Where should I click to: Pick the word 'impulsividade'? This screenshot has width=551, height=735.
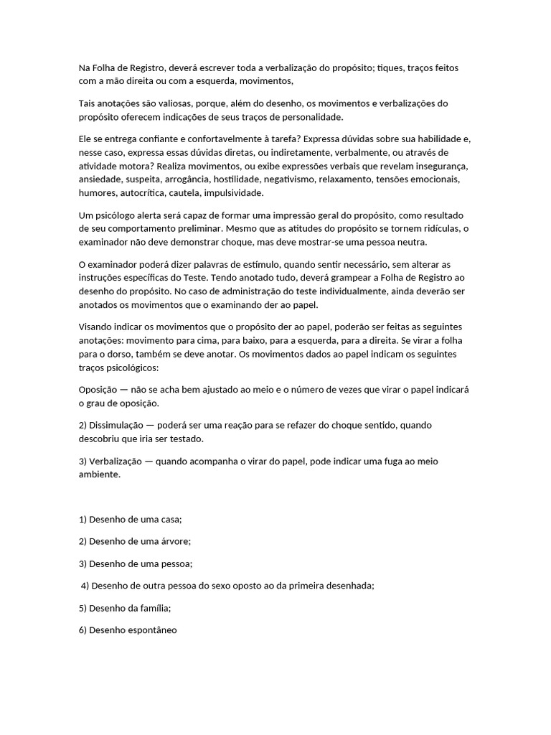pyautogui.click(x=233, y=193)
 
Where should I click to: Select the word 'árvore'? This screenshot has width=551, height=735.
pyautogui.click(x=176, y=541)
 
